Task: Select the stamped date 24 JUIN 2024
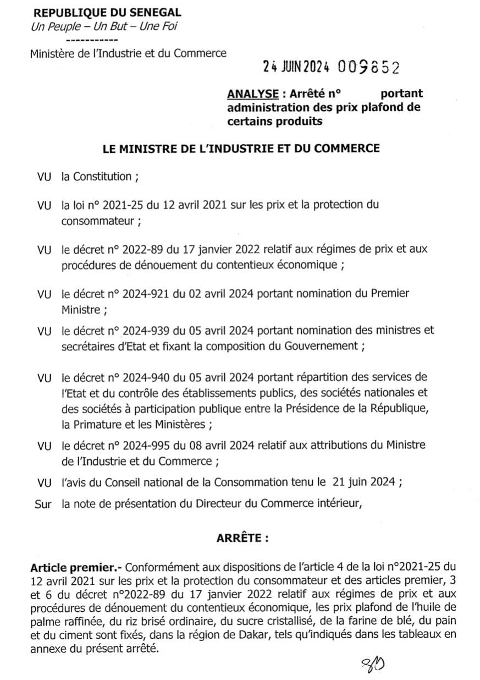pos(296,67)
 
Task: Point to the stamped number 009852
pos(368,67)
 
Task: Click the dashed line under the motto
pos(91,40)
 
